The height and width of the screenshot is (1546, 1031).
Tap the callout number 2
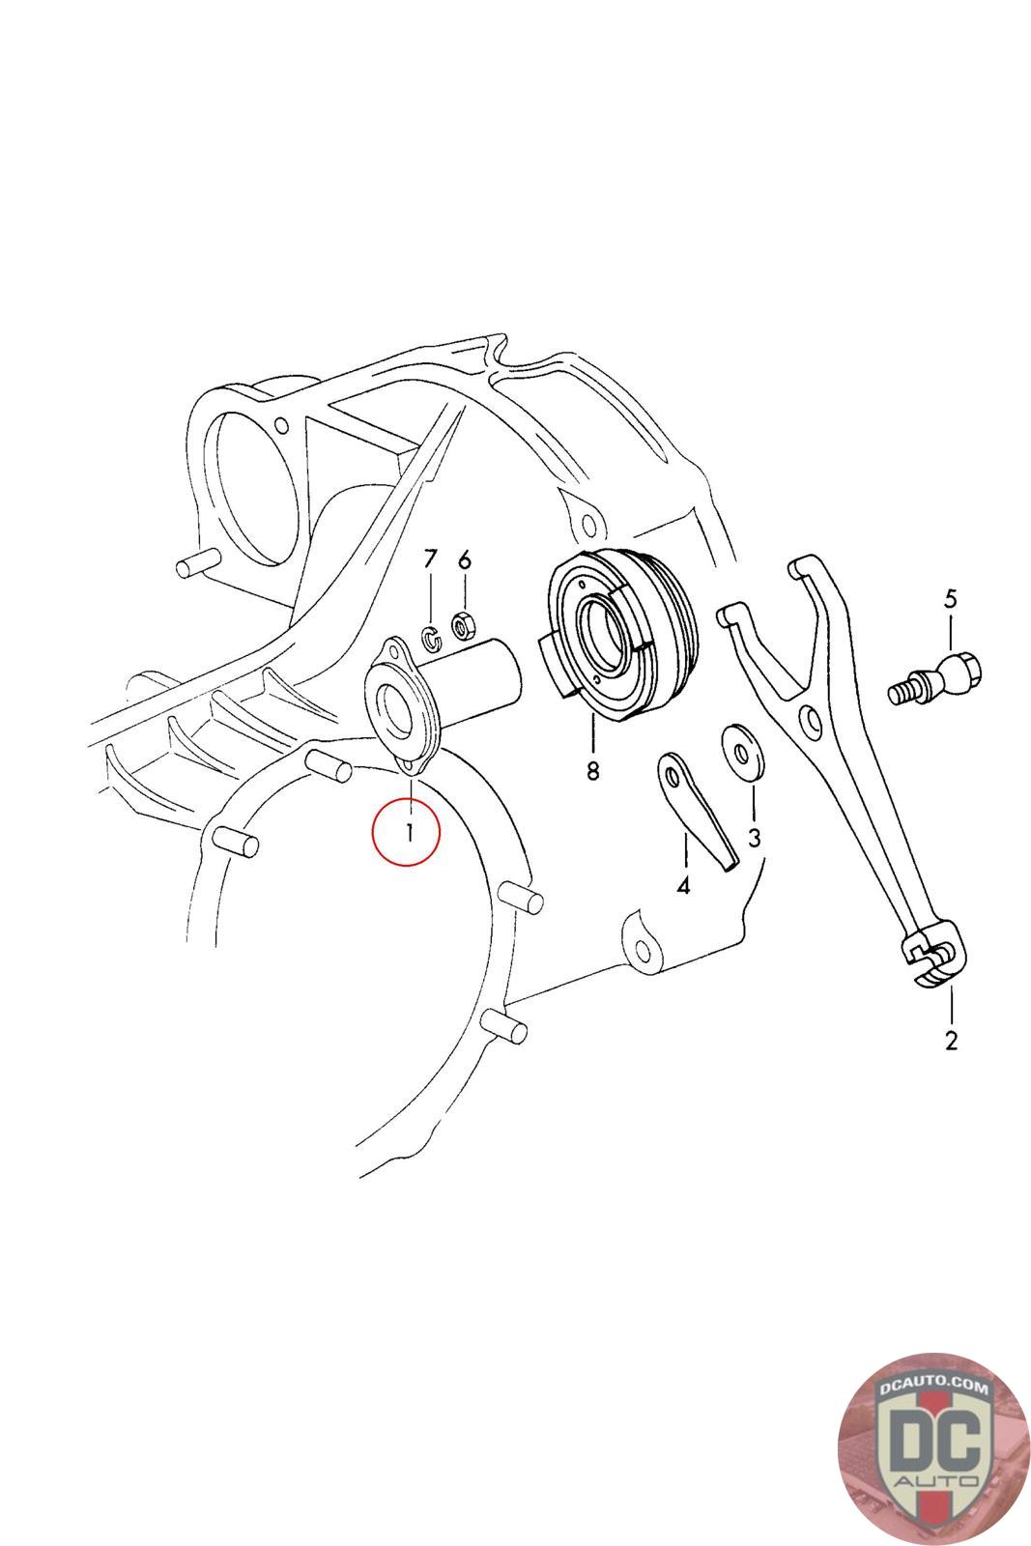(951, 1040)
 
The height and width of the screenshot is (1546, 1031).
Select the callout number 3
(754, 837)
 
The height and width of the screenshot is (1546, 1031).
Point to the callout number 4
(683, 885)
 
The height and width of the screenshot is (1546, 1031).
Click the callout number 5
(951, 598)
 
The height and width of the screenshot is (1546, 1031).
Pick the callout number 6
(465, 559)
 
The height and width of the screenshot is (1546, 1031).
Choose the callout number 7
(430, 558)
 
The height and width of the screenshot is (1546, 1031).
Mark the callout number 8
(592, 770)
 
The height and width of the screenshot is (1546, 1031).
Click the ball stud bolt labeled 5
(935, 677)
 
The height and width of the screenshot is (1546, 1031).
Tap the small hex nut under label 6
(460, 625)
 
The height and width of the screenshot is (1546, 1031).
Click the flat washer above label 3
(743, 752)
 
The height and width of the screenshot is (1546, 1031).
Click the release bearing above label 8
(619, 635)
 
